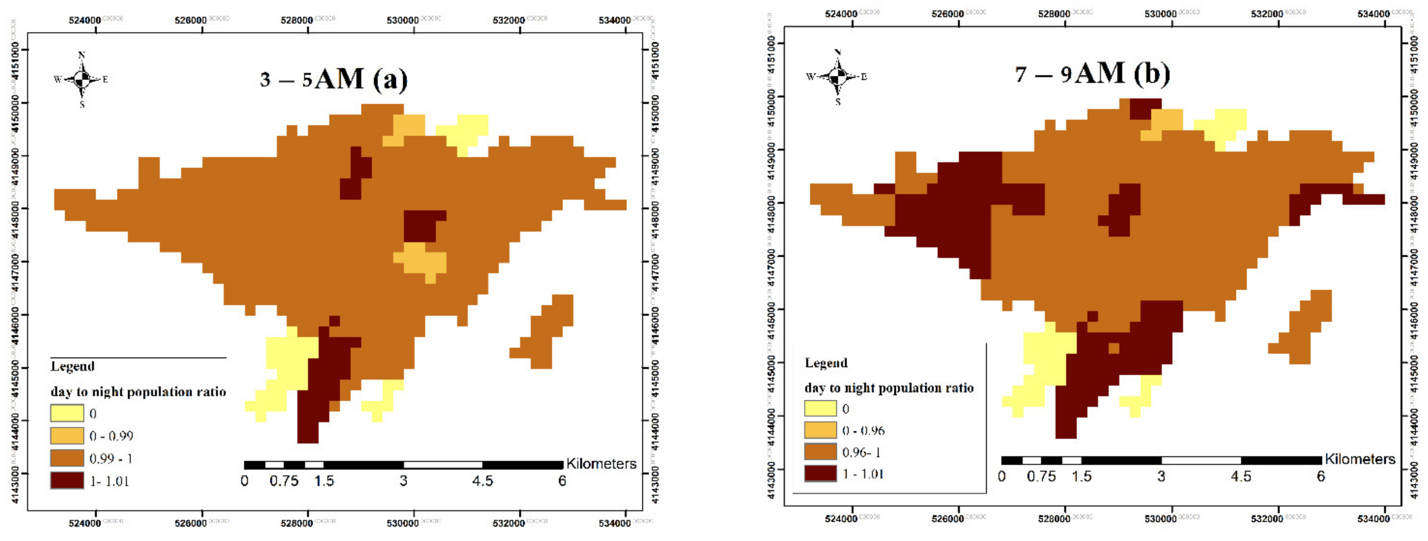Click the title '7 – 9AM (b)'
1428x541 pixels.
point(1092,74)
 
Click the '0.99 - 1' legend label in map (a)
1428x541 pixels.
point(111,458)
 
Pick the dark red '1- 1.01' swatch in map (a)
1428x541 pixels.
point(67,480)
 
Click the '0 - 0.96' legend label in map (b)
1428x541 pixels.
point(863,431)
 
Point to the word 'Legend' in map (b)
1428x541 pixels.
point(826,363)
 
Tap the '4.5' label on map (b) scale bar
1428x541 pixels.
point(1241,477)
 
